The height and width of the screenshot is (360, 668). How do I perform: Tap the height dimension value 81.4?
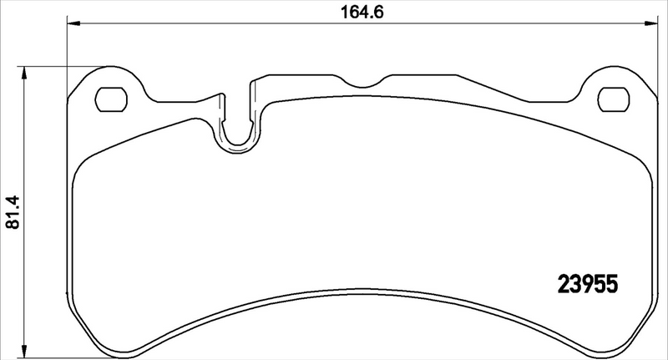pos(11,213)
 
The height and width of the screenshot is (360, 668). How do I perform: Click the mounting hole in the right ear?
pos(613,99)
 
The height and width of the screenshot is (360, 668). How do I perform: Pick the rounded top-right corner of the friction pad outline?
pos(643,167)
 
